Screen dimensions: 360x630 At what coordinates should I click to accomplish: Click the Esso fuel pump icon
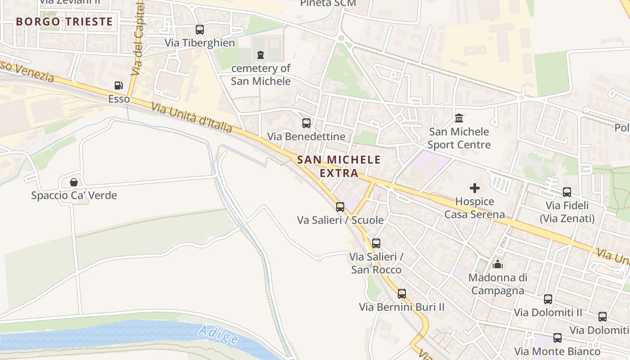pos(118,85)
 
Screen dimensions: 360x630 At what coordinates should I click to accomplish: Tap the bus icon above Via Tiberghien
pos(199,30)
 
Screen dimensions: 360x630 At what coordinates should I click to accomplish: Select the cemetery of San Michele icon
pos(260,55)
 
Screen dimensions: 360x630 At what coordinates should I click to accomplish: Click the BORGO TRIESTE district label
pos(64,22)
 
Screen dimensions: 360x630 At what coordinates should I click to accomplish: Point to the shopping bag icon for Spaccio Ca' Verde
pos(74,182)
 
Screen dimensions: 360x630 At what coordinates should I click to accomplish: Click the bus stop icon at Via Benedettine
pos(306,123)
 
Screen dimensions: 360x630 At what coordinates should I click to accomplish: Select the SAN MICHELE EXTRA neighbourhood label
pos(339,166)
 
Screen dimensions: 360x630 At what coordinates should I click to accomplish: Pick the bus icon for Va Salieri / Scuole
pos(340,207)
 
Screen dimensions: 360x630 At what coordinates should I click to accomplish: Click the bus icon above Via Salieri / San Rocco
pos(376,243)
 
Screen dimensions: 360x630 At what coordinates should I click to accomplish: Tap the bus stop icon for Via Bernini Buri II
pos(401,294)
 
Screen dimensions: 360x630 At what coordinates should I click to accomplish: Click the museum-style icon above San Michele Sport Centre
pos(459,118)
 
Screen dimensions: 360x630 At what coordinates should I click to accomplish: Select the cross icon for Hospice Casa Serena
pos(475,188)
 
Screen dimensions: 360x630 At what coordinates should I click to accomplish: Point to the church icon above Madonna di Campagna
pos(498,264)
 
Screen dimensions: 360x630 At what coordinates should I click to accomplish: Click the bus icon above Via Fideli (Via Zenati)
pos(567,192)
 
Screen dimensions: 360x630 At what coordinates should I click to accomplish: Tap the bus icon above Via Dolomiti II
pos(548,299)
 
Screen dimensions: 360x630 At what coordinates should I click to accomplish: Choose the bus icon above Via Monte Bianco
pos(558,338)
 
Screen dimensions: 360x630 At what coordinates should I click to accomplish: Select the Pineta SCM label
pos(328,4)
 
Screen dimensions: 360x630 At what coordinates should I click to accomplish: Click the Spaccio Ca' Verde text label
pos(74,196)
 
